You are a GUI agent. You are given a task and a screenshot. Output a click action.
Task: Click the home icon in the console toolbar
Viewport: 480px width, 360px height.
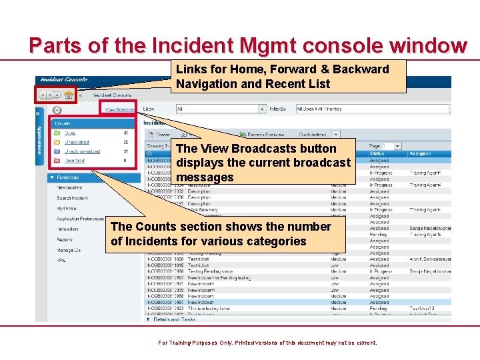(x=69, y=95)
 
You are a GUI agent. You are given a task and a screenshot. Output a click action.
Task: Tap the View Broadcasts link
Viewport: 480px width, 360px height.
(x=120, y=109)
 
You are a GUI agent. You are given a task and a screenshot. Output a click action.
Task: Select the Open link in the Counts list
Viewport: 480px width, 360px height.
(x=70, y=133)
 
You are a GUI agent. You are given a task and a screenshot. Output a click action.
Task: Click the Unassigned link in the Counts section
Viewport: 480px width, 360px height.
(x=77, y=142)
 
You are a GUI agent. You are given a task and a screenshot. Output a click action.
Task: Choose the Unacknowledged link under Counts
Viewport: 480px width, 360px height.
(x=82, y=151)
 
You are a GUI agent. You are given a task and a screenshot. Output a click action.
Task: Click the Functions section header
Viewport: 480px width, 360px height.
(x=67, y=178)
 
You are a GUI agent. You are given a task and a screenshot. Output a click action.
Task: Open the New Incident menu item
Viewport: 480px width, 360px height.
(x=70, y=188)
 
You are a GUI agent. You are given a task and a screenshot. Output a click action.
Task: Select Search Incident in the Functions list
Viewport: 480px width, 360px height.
(x=72, y=198)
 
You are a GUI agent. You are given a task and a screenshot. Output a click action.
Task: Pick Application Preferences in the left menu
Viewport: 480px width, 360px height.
(x=81, y=219)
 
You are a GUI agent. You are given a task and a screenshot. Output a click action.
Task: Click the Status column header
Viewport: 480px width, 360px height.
(x=377, y=154)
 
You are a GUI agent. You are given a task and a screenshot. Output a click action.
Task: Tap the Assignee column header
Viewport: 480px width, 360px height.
(x=420, y=154)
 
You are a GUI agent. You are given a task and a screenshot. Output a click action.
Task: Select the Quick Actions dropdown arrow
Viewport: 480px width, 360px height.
(x=336, y=135)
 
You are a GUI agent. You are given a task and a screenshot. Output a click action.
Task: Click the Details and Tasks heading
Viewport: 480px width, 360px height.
(x=175, y=319)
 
